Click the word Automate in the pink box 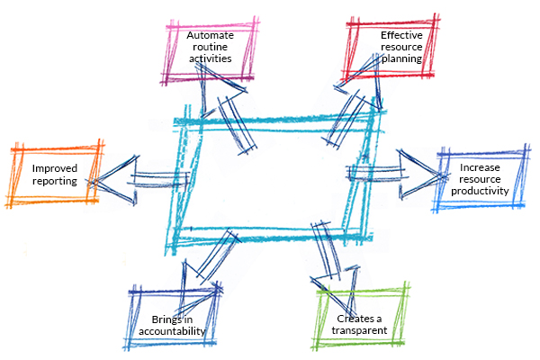[x=210, y=35]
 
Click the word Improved [x=54, y=168]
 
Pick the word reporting [x=55, y=180]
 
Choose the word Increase [x=479, y=167]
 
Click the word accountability [x=172, y=331]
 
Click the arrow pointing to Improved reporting [x=135, y=177]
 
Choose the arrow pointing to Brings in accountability [x=202, y=270]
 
